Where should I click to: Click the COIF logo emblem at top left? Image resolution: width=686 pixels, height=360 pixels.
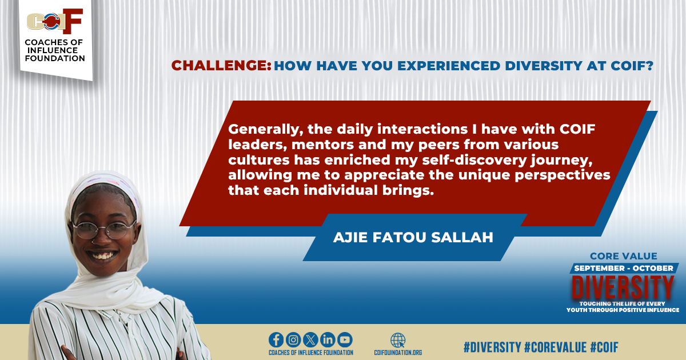tap(55, 22)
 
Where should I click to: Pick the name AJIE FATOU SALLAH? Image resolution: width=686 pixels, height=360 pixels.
tap(413, 237)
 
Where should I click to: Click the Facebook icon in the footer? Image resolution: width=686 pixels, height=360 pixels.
tap(276, 339)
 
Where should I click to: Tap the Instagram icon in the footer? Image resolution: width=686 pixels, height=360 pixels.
tap(293, 339)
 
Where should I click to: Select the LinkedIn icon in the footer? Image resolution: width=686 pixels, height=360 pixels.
tap(328, 339)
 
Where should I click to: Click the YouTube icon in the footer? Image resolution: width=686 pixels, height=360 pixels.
tap(345, 339)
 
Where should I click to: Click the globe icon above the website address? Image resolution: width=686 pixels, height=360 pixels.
tap(398, 339)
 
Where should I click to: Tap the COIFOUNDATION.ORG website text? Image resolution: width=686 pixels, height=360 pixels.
tap(398, 353)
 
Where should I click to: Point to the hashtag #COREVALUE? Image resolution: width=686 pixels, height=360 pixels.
tap(554, 346)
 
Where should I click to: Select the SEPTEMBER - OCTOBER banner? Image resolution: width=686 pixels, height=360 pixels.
tap(623, 268)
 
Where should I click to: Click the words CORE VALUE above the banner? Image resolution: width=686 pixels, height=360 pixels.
tap(623, 257)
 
